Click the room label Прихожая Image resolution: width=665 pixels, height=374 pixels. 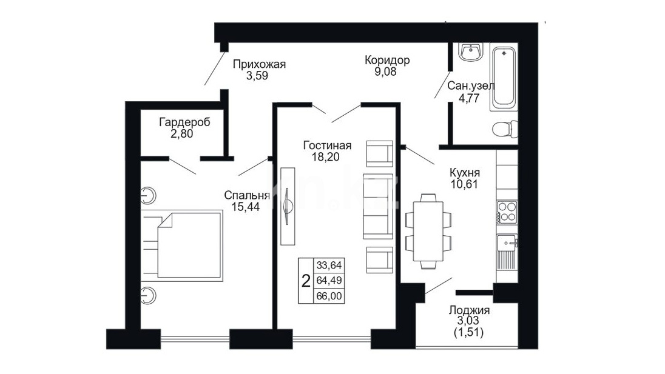(259, 64)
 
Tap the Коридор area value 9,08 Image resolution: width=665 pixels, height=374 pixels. (385, 72)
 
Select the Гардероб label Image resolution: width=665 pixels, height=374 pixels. (184, 122)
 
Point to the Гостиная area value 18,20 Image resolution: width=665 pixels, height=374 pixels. (326, 157)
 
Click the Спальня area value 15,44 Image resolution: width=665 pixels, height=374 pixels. (246, 207)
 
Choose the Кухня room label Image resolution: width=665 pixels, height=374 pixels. (464, 173)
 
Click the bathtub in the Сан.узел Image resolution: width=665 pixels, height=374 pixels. (504, 77)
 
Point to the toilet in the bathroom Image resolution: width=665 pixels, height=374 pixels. (505, 129)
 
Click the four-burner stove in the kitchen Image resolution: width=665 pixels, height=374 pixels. (507, 212)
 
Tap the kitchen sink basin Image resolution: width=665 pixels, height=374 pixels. (507, 243)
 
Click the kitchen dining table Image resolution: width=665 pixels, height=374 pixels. (428, 232)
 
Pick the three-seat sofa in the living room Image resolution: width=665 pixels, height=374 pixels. (378, 206)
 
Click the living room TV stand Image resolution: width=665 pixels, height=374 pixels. (288, 206)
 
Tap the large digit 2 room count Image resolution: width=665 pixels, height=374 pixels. (306, 281)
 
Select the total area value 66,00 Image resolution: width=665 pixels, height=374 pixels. (329, 296)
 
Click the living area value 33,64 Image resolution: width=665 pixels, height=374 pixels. (329, 265)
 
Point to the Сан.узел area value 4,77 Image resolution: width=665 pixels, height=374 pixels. (469, 98)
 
